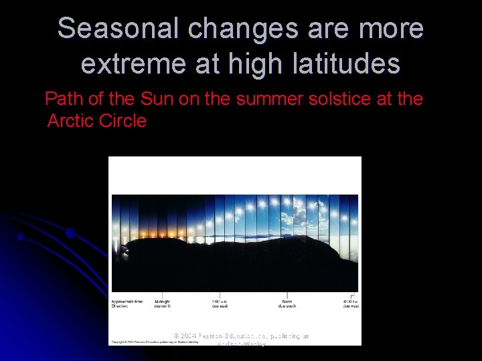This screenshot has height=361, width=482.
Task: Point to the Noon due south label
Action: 287,304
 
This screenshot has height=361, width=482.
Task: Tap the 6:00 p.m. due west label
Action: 351,304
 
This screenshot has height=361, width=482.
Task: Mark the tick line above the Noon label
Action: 287,295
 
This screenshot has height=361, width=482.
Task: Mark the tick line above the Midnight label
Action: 162,295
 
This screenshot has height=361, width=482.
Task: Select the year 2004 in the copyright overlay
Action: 191,336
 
